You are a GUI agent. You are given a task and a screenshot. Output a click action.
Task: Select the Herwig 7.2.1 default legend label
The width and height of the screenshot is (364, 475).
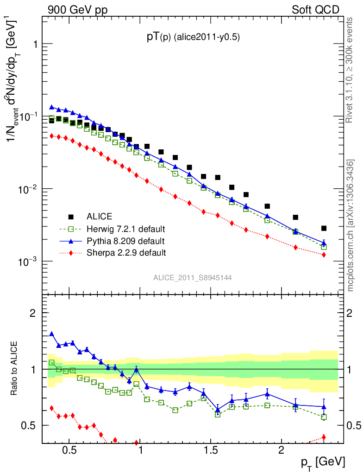(x=126, y=229)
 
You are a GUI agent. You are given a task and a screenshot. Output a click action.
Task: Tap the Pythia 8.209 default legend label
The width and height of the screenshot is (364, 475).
(x=125, y=241)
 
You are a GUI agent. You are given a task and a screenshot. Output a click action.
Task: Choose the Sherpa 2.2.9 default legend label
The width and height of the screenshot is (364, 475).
(x=126, y=253)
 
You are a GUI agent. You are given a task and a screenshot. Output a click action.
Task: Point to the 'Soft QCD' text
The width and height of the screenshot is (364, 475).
(x=315, y=10)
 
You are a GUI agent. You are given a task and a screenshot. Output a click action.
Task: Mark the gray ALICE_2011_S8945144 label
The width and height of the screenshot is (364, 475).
(x=193, y=277)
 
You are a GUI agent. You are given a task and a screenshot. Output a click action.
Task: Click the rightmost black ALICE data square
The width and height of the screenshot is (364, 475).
(x=324, y=228)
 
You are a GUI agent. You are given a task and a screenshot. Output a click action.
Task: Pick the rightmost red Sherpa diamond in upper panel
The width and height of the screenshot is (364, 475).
(x=324, y=255)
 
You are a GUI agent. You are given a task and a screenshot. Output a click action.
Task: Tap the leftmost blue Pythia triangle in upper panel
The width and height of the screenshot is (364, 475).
(x=52, y=107)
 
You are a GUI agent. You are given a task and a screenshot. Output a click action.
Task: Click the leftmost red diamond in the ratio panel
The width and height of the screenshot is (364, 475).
(x=52, y=408)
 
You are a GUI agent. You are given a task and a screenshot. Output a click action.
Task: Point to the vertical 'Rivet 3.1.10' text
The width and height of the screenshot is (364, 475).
(x=350, y=70)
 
